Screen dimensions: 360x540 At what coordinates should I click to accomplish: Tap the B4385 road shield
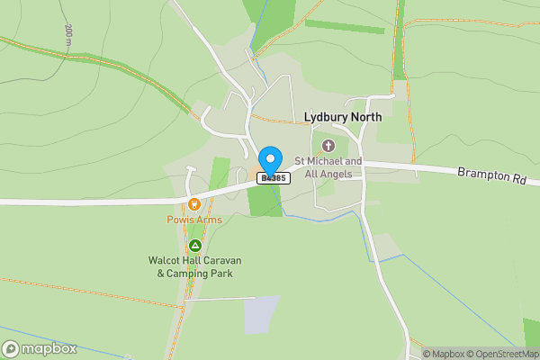tap(274, 178)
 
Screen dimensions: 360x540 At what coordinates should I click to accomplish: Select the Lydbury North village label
tap(342, 117)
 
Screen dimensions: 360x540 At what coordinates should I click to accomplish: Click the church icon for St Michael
tap(328, 145)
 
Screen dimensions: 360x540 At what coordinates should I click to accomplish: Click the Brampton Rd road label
tap(490, 174)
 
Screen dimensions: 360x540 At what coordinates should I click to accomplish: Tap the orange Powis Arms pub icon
tap(193, 204)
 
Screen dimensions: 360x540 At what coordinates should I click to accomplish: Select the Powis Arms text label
tap(193, 220)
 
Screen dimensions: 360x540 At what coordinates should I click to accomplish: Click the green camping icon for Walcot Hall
tap(195, 245)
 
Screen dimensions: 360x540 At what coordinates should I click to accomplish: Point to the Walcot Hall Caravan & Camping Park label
tap(195, 266)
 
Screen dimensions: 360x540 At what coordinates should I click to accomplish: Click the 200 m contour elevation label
tap(68, 34)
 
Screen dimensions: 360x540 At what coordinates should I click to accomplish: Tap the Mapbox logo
tap(40, 349)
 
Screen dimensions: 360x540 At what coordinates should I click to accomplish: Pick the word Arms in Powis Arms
tap(209, 220)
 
